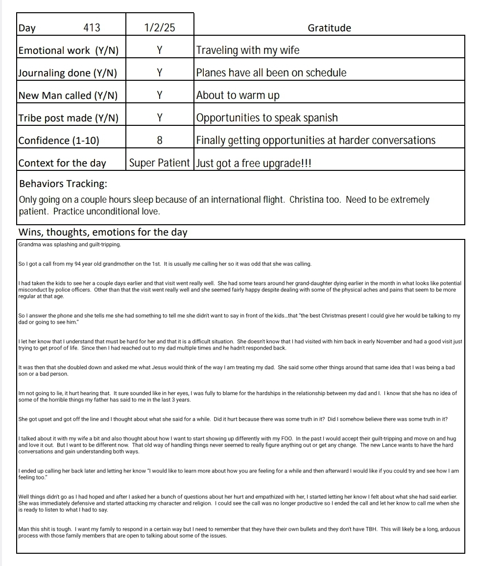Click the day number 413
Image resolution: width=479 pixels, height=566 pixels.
(x=92, y=28)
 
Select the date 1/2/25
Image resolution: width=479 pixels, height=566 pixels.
(x=160, y=28)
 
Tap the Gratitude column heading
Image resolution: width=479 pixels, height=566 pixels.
(x=329, y=28)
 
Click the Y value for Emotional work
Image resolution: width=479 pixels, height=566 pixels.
(x=160, y=50)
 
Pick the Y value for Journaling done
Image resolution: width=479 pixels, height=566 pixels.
(x=160, y=73)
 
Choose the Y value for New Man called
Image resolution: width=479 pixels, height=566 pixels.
(x=160, y=95)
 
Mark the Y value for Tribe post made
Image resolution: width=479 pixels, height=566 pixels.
(x=160, y=118)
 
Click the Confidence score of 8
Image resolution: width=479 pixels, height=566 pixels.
(x=160, y=141)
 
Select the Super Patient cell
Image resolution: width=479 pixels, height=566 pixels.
(x=160, y=163)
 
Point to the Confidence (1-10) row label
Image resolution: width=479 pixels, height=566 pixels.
(x=59, y=141)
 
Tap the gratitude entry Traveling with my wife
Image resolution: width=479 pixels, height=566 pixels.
(x=247, y=50)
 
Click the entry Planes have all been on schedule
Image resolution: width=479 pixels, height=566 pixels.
(x=271, y=73)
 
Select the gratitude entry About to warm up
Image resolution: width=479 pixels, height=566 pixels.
(x=238, y=95)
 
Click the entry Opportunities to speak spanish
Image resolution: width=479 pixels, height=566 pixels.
(x=267, y=118)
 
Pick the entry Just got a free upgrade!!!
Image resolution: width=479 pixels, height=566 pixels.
(x=254, y=163)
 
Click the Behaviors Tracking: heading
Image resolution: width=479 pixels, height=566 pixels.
(x=63, y=184)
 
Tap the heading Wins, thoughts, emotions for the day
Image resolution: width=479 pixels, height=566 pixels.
(x=103, y=232)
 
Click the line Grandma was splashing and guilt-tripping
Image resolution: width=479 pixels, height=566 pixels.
(x=69, y=244)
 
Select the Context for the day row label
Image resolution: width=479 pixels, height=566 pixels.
(x=62, y=163)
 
